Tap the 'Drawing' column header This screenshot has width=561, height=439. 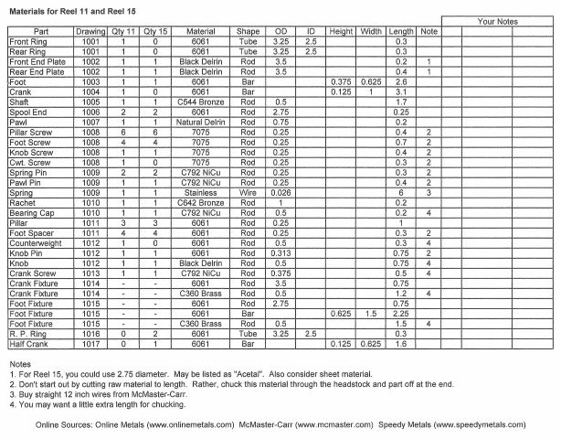coord(90,31)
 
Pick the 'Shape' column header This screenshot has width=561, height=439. coord(248,31)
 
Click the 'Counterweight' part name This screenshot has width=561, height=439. coord(36,243)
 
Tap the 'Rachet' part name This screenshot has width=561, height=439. coord(22,203)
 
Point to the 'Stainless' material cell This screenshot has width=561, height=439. coord(200,193)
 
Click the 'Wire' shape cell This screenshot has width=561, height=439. coord(248,193)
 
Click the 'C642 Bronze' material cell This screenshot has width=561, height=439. coord(200,203)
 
